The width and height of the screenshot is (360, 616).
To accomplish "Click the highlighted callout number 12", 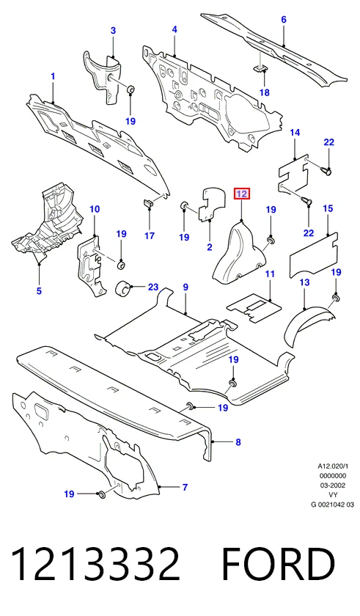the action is [241, 194].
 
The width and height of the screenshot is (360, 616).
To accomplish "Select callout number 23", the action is [153, 287].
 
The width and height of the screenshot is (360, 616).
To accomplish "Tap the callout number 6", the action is [284, 19].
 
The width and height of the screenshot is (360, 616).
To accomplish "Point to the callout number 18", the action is [265, 92].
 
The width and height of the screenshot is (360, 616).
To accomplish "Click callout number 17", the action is [149, 235].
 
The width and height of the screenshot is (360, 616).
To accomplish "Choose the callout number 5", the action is [39, 291].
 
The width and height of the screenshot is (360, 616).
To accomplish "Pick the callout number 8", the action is [238, 442].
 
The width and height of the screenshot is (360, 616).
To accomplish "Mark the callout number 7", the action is [185, 488].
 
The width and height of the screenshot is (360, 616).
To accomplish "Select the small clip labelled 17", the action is [146, 204].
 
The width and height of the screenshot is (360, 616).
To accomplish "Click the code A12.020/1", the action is [333, 466].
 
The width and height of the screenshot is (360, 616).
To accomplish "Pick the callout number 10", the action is [95, 209].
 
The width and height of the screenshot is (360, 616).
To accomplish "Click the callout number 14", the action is [295, 133].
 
